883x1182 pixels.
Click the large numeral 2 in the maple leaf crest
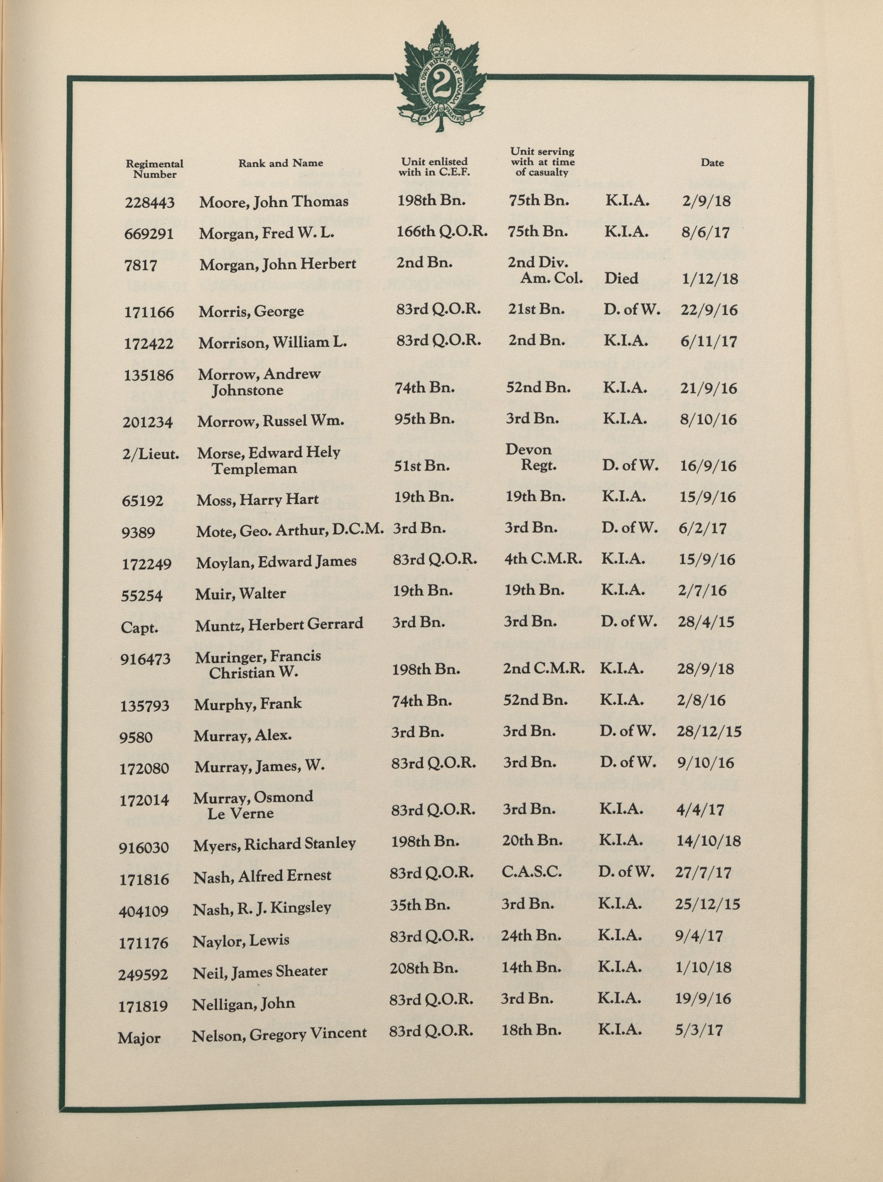click(440, 83)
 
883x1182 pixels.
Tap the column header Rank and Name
click(280, 163)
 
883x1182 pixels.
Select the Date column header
click(712, 163)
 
